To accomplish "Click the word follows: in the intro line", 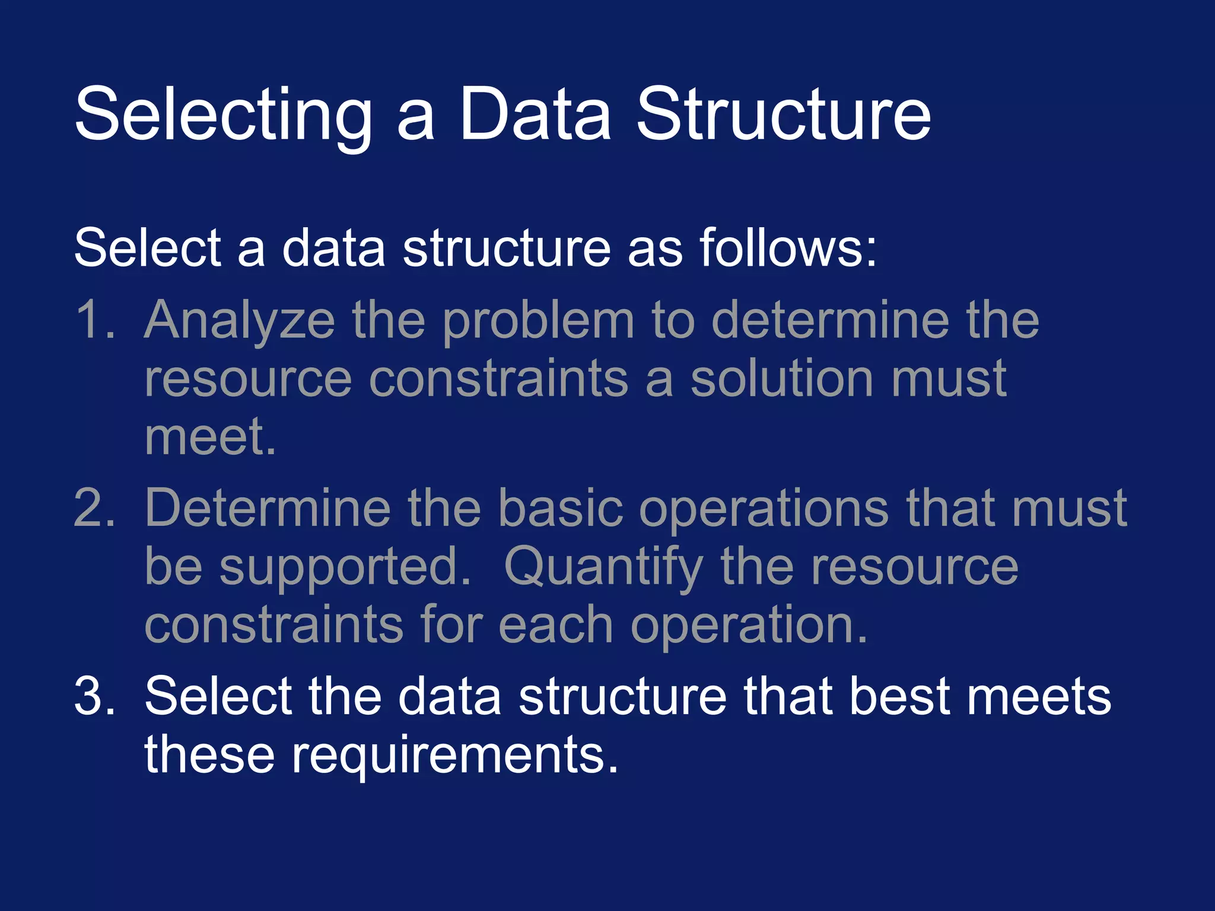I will point(788,247).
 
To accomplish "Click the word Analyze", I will point(240,321).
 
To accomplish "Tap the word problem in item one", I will point(539,321).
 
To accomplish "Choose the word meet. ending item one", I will point(210,437).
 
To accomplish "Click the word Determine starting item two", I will point(268,508).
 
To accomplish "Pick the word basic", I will point(560,508).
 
